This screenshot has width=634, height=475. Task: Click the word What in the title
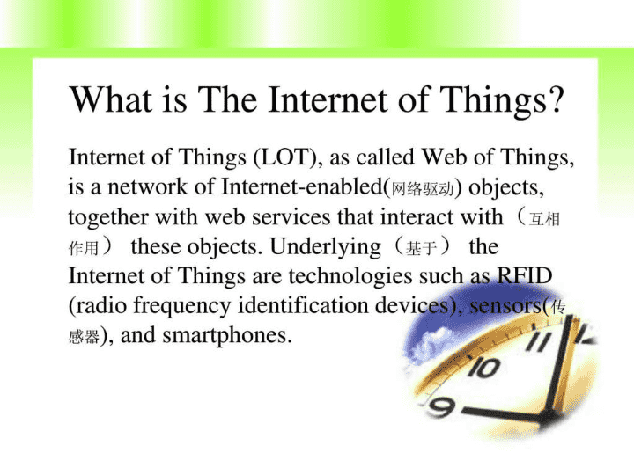tap(110, 99)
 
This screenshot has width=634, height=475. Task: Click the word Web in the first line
tap(444, 157)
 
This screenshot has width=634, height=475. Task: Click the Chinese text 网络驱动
tap(423, 188)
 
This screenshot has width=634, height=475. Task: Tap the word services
tap(291, 217)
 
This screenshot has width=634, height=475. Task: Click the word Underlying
tap(326, 247)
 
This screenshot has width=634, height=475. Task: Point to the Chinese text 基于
tap(421, 248)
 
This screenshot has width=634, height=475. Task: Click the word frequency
tap(182, 306)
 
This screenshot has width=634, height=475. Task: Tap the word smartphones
tap(226, 336)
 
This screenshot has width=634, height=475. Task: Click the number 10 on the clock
tap(484, 368)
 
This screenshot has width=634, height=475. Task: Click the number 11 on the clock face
tap(540, 341)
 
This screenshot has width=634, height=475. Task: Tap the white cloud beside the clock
tap(429, 343)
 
